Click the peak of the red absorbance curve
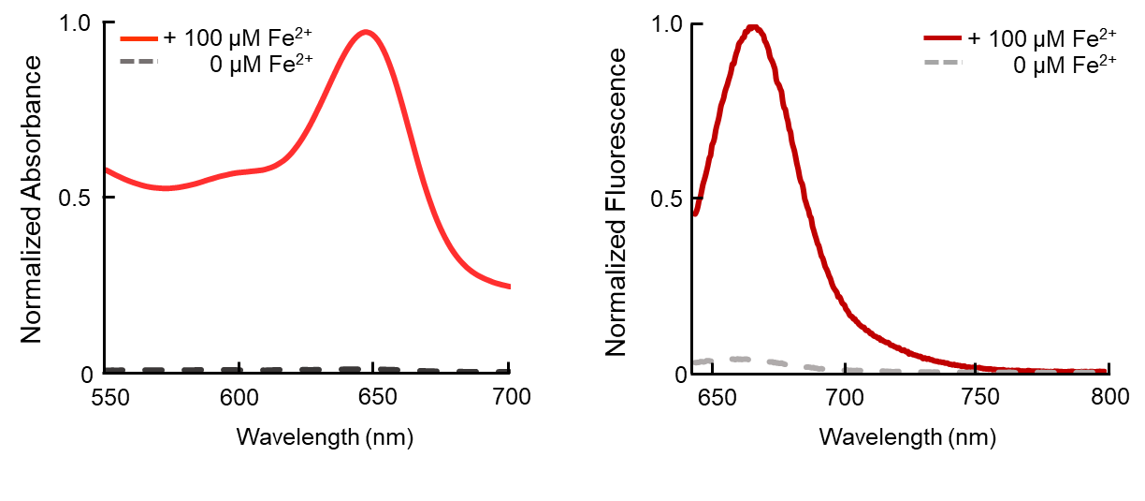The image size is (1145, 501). pyautogui.click(x=366, y=32)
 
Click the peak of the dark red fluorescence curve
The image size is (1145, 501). pyautogui.click(x=753, y=27)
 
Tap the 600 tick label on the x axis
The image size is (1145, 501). pyautogui.click(x=239, y=396)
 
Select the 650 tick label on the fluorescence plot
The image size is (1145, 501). pyautogui.click(x=714, y=396)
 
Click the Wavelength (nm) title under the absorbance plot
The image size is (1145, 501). pyautogui.click(x=325, y=436)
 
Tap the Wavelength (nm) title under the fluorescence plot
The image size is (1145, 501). pyautogui.click(x=907, y=436)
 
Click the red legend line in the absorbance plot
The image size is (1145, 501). pyautogui.click(x=139, y=38)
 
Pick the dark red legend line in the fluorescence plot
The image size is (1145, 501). pyautogui.click(x=943, y=38)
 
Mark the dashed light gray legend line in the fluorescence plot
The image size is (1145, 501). pyautogui.click(x=943, y=63)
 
